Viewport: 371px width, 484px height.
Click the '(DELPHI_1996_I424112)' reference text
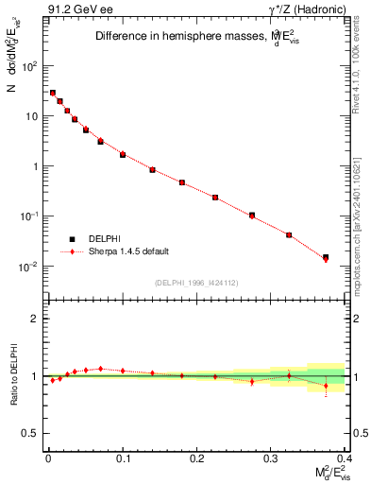[195, 281]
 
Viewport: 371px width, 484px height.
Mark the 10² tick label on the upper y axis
[30, 66]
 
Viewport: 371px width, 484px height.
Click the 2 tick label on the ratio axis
[35, 319]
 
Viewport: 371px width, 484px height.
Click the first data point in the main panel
[53, 93]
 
